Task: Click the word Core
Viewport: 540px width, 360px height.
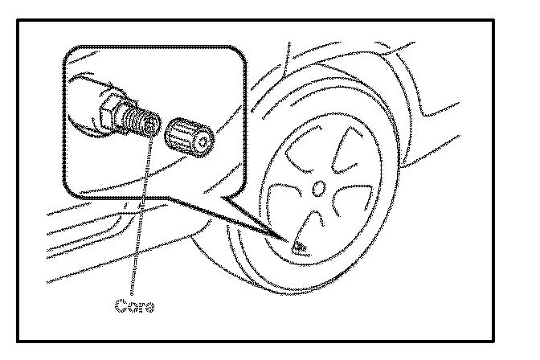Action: point(133,306)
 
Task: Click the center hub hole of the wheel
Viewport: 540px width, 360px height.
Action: point(319,190)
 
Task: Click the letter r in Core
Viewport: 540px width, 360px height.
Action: point(138,307)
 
